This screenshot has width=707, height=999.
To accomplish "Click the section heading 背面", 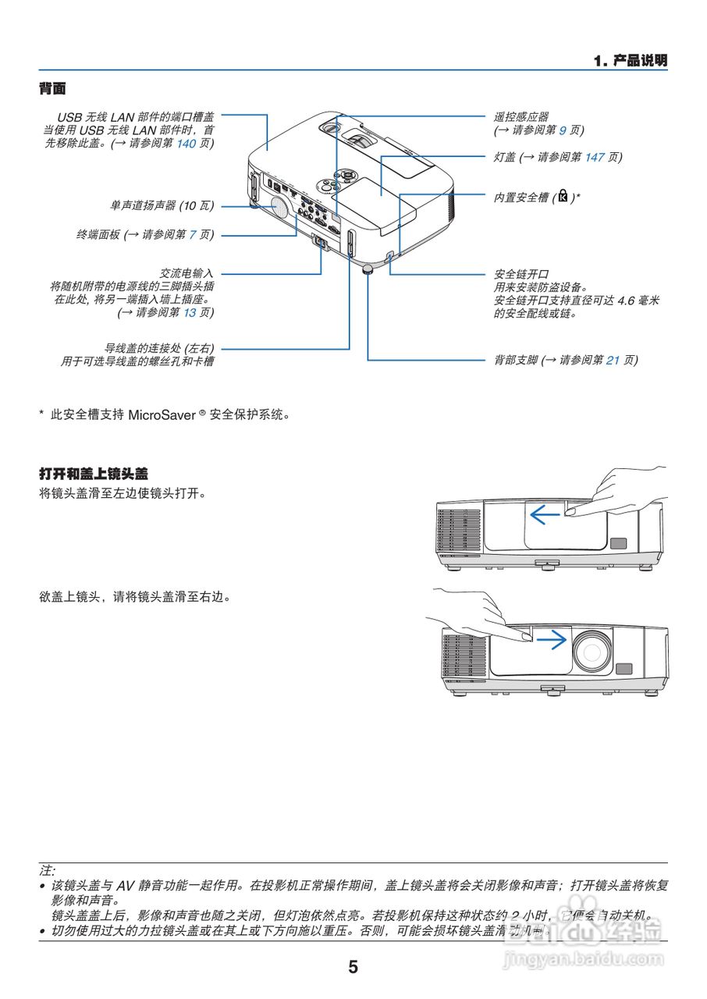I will [x=52, y=89].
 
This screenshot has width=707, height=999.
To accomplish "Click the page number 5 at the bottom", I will [x=353, y=967].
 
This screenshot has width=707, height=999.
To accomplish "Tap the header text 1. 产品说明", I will [x=630, y=60].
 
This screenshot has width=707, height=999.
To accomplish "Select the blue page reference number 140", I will [x=187, y=144].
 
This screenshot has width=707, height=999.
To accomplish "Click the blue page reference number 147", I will [x=595, y=157].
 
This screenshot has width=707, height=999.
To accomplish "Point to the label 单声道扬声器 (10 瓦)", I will [x=162, y=206].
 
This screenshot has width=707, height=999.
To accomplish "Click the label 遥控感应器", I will [x=521, y=116].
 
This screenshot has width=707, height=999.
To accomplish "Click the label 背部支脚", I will [x=516, y=360].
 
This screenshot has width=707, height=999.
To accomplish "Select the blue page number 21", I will [x=613, y=360].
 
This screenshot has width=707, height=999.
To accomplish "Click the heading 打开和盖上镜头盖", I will [x=94, y=473].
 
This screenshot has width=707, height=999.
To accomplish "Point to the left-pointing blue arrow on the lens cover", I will [x=544, y=514].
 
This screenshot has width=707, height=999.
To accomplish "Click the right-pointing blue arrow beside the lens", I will [x=552, y=640].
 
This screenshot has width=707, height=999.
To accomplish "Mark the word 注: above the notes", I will [x=48, y=869].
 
